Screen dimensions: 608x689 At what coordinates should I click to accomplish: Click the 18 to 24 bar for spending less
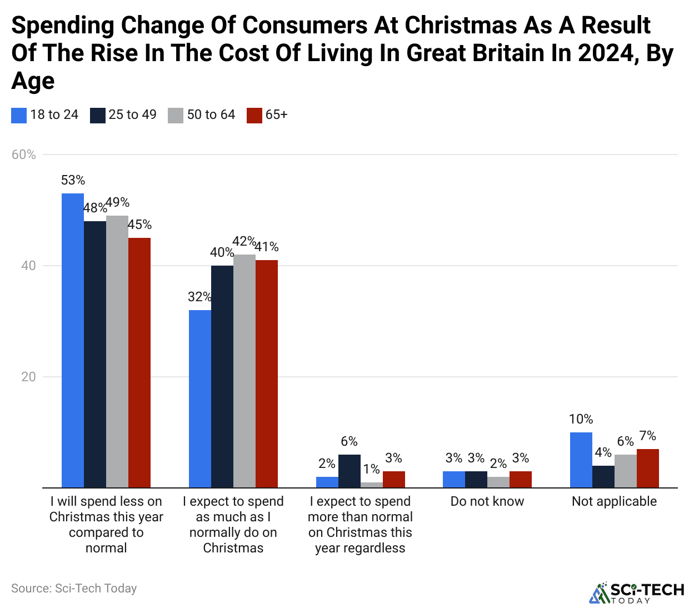[72, 340]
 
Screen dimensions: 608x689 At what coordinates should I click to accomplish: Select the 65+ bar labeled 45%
[139, 362]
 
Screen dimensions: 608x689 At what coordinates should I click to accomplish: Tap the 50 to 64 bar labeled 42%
[244, 371]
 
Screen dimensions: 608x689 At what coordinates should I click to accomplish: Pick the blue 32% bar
[200, 398]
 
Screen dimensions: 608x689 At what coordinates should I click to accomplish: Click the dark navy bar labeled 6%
[350, 471]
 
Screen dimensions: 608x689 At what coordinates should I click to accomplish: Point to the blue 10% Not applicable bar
[581, 460]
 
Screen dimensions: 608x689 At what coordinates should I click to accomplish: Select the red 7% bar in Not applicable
[648, 468]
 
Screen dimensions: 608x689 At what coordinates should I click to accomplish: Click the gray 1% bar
[372, 485]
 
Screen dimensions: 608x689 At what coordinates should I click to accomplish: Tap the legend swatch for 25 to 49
[98, 115]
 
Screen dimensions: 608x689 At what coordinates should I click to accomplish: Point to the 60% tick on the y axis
[24, 155]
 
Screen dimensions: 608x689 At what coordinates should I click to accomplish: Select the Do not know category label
[487, 501]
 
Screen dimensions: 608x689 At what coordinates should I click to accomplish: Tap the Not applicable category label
[614, 501]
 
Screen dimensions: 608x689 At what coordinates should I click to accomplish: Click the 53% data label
[73, 180]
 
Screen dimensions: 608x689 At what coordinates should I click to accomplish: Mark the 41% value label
[267, 247]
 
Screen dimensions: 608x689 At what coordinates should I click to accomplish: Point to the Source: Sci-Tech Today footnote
[74, 588]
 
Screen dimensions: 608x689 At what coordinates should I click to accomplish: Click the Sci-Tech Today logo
[637, 592]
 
